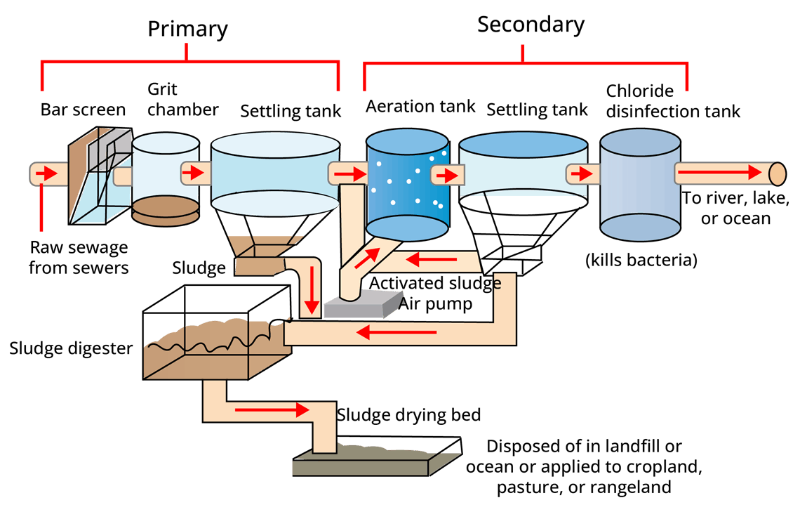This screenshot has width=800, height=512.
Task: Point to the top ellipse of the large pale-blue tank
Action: [275, 145]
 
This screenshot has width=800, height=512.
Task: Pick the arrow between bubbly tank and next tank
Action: [450, 175]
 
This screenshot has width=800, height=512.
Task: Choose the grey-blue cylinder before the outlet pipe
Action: [640, 184]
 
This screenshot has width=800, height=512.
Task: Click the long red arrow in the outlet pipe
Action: [719, 173]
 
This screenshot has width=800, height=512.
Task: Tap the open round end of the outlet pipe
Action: [777, 173]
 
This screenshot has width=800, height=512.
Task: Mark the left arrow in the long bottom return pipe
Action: [396, 332]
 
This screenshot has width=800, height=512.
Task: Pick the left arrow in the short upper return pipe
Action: [431, 260]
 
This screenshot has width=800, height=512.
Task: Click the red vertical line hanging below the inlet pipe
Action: [41, 208]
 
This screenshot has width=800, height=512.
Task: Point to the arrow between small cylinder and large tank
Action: [193, 173]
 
